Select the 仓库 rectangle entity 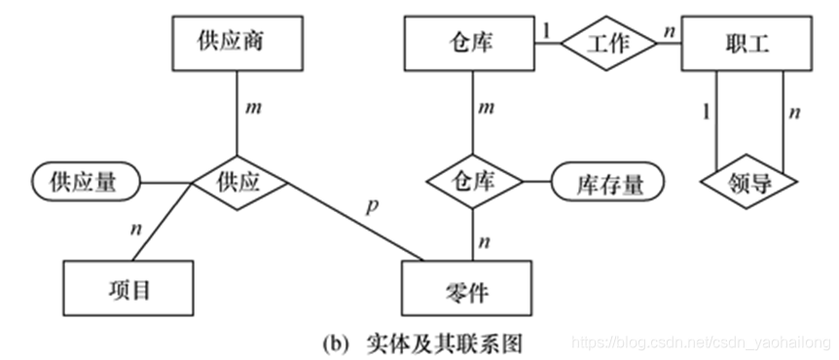pyautogui.click(x=470, y=43)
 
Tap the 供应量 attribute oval pyautogui.click(x=87, y=182)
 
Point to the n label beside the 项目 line pyautogui.click(x=135, y=230)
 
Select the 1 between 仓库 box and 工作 pyautogui.click(x=546, y=30)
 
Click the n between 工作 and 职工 pyautogui.click(x=669, y=30)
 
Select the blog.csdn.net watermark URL pyautogui.click(x=700, y=343)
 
